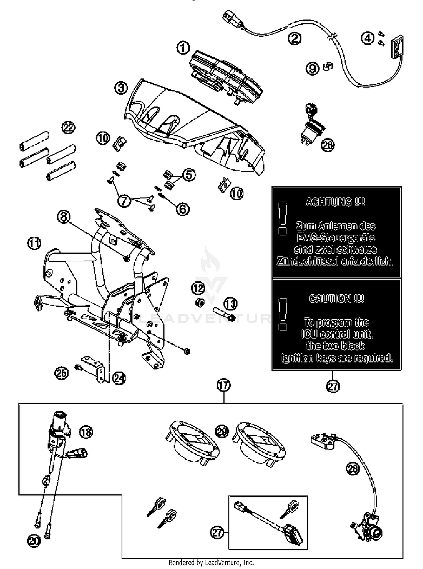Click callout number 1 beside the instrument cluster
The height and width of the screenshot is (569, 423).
(183, 48)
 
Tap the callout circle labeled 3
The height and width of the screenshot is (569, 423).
(121, 88)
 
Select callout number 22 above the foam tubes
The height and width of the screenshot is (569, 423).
(69, 128)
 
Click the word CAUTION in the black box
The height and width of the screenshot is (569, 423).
(336, 299)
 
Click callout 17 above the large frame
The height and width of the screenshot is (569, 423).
(224, 385)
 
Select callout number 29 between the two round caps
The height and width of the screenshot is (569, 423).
(222, 432)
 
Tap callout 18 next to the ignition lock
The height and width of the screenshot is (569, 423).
(86, 432)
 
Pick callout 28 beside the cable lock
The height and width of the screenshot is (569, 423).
(352, 469)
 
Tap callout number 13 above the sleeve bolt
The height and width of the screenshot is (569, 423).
(230, 304)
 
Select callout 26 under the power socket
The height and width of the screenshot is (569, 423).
(328, 145)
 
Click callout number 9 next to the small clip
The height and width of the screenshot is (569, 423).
(312, 68)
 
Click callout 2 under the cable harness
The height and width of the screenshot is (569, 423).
(294, 38)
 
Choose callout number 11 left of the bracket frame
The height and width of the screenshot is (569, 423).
(34, 243)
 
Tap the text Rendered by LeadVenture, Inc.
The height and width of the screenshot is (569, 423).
(211, 563)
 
